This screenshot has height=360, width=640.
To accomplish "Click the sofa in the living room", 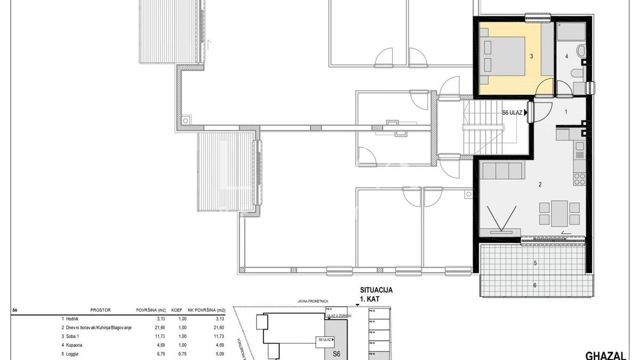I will click(501, 171).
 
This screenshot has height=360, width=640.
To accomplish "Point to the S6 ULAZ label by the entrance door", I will click(513, 113).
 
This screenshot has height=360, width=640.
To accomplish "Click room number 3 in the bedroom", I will click(532, 55).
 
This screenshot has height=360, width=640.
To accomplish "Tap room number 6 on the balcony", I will click(535, 285).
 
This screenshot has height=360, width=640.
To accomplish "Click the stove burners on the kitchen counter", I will click(579, 177).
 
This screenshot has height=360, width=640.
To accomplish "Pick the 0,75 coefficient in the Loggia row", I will click(182, 354).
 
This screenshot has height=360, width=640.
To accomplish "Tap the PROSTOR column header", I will click(100, 309).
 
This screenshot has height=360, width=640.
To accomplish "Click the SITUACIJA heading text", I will click(376, 290).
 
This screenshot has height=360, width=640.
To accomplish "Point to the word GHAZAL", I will click(605, 355).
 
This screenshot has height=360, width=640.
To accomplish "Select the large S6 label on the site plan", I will click(336, 353).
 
